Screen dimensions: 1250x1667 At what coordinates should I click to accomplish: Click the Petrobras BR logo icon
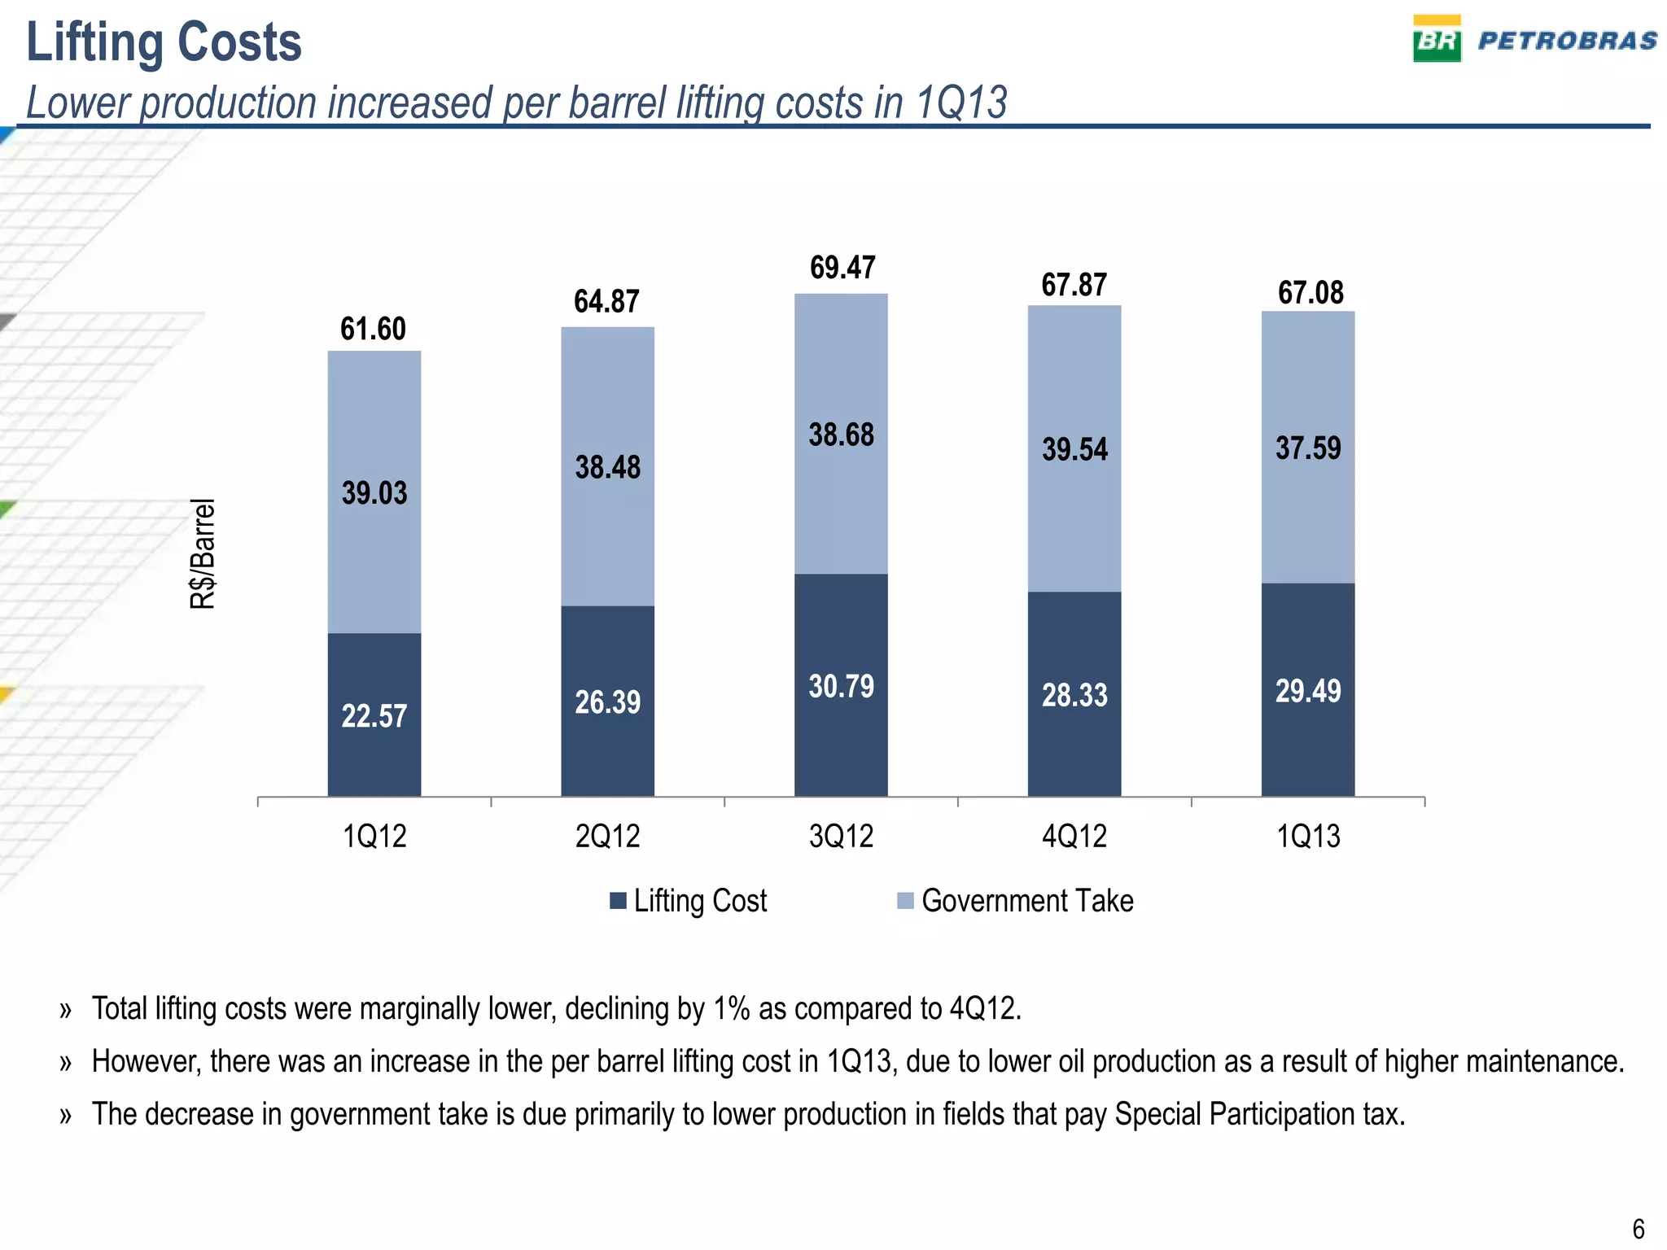tap(1436, 38)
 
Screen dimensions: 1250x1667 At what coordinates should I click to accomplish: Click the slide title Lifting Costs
tap(164, 42)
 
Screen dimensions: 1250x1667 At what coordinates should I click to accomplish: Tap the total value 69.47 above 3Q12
tap(842, 268)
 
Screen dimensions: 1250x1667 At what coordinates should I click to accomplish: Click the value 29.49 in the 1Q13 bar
tap(1307, 691)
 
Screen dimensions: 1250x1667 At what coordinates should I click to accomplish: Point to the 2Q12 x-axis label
tap(607, 837)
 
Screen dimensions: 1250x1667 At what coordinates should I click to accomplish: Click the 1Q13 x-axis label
tap(1307, 837)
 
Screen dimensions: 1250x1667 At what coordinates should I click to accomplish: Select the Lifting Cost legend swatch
tap(618, 901)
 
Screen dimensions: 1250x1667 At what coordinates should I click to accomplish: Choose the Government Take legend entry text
tap(1026, 901)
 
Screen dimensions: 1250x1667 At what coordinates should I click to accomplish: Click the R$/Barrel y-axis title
tap(203, 553)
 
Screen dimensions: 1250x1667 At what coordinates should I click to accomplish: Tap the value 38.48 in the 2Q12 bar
tap(607, 467)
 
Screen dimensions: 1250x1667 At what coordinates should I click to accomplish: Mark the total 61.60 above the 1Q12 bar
tap(373, 329)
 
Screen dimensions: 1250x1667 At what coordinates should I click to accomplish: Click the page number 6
tap(1638, 1228)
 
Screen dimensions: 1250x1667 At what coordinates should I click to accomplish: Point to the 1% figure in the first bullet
tap(731, 1008)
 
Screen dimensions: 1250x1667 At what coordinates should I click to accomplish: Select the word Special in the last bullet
tap(1157, 1114)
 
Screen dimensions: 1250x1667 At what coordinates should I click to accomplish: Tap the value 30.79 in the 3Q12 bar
tap(841, 686)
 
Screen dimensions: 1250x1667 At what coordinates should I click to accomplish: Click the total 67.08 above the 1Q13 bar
tap(1310, 292)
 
